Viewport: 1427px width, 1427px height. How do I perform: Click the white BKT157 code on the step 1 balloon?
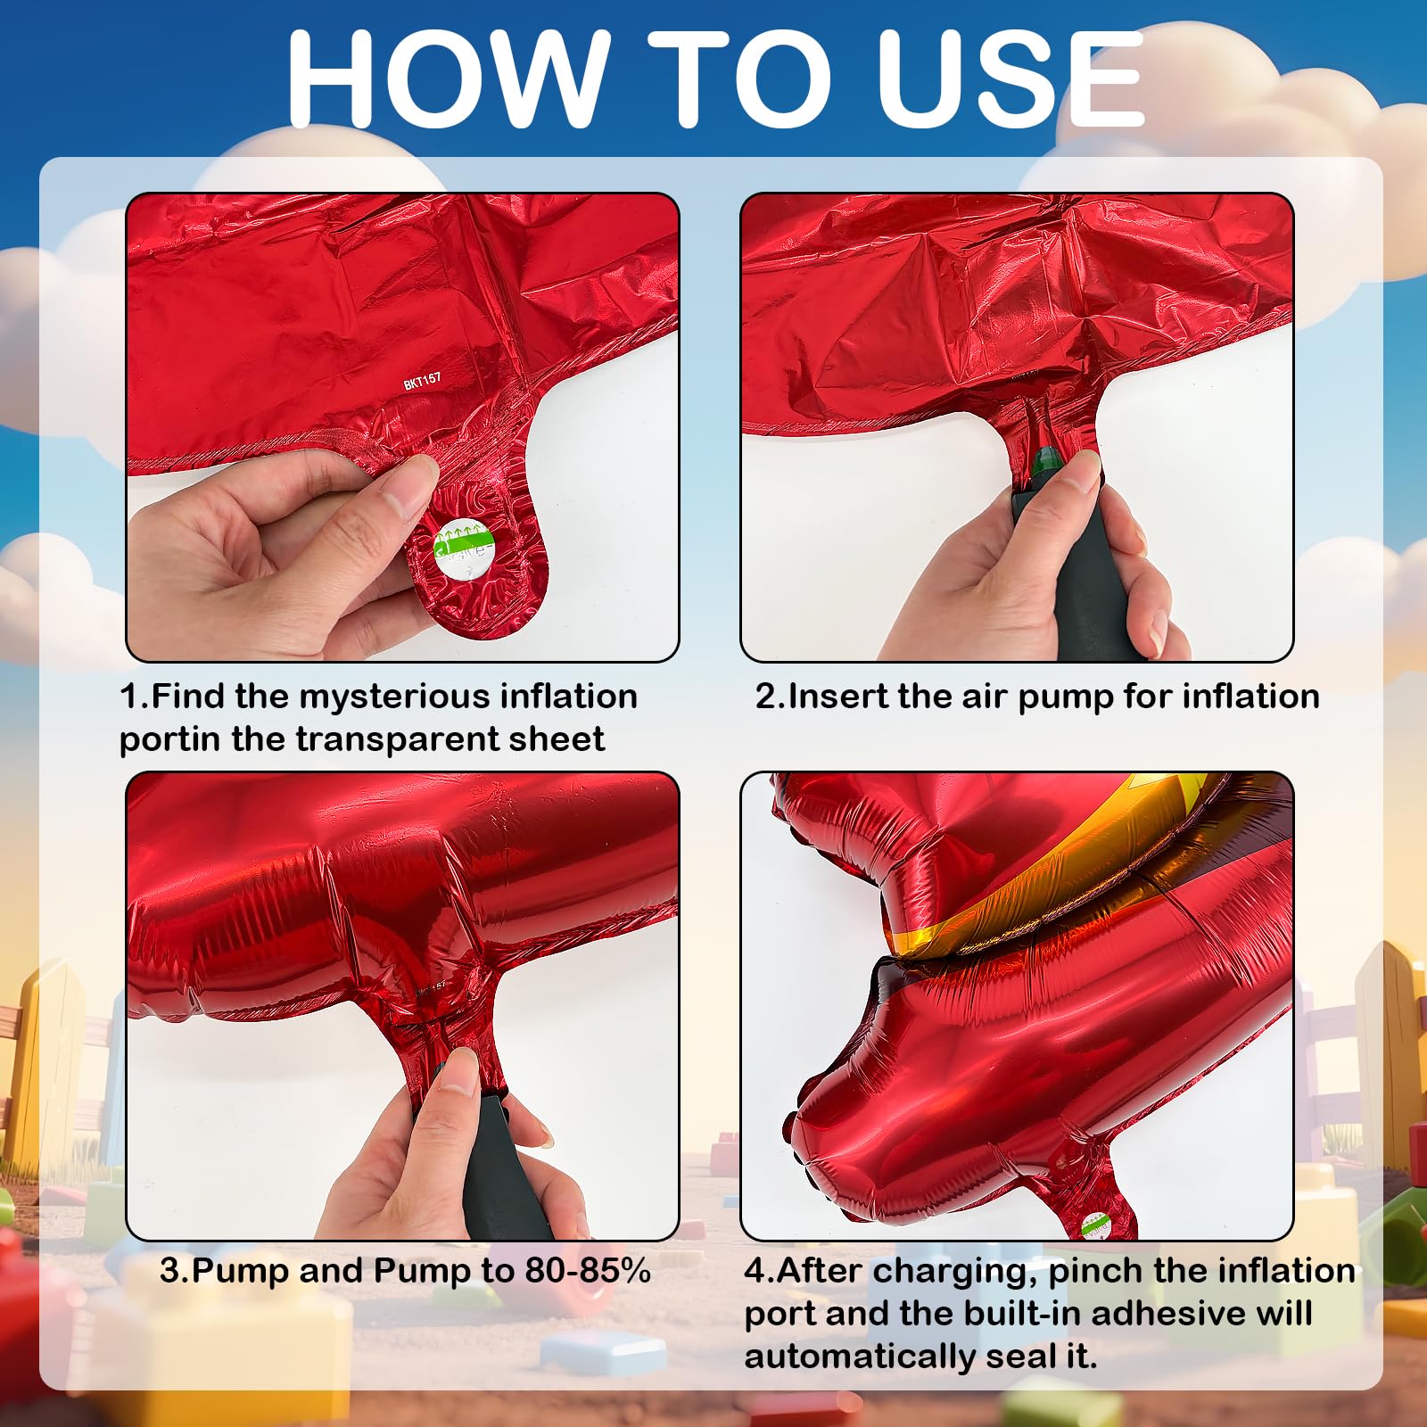423,381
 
